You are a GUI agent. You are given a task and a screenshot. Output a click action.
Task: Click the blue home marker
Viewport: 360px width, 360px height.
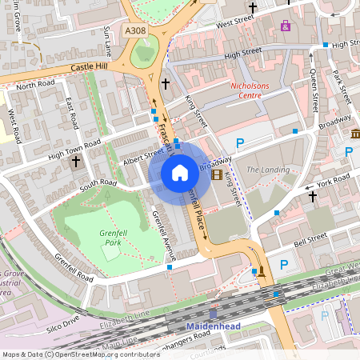point(180,173)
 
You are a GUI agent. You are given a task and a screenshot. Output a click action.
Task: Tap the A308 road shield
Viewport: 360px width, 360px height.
point(136,30)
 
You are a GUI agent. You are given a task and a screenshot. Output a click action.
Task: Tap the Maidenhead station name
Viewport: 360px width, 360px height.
point(213,327)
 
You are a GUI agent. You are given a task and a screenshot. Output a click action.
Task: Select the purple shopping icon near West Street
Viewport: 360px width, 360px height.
point(286,26)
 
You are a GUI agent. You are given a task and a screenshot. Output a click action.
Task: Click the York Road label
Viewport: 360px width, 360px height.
point(334,184)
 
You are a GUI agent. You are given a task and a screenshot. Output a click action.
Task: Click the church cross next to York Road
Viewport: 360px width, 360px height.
point(313,194)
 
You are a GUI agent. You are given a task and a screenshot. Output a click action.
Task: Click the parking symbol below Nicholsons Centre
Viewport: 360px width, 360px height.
point(239,143)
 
